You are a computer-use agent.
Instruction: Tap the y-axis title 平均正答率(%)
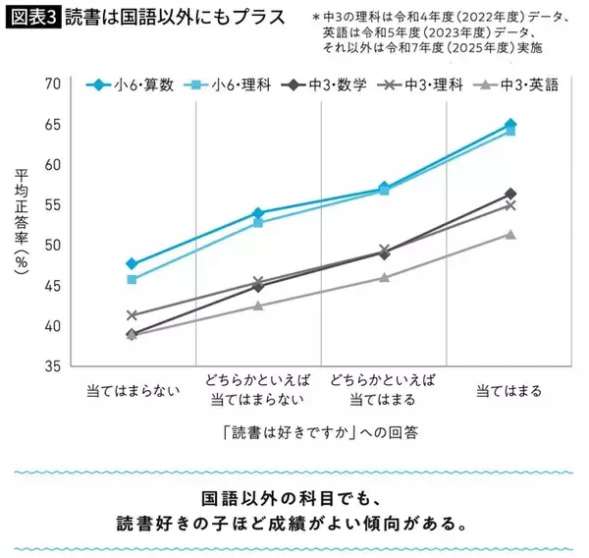click(21, 225)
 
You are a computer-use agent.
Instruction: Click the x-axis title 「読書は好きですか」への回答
click(320, 431)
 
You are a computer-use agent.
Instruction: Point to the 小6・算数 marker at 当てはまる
click(509, 125)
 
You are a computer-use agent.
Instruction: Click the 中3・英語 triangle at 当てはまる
click(509, 234)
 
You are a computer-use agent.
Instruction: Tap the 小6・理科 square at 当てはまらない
click(133, 279)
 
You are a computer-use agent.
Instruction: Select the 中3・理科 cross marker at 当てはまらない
click(133, 315)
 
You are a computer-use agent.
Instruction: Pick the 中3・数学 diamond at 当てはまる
click(509, 194)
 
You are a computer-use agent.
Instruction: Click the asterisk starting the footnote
click(316, 17)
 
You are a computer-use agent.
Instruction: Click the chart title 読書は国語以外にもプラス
click(167, 17)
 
